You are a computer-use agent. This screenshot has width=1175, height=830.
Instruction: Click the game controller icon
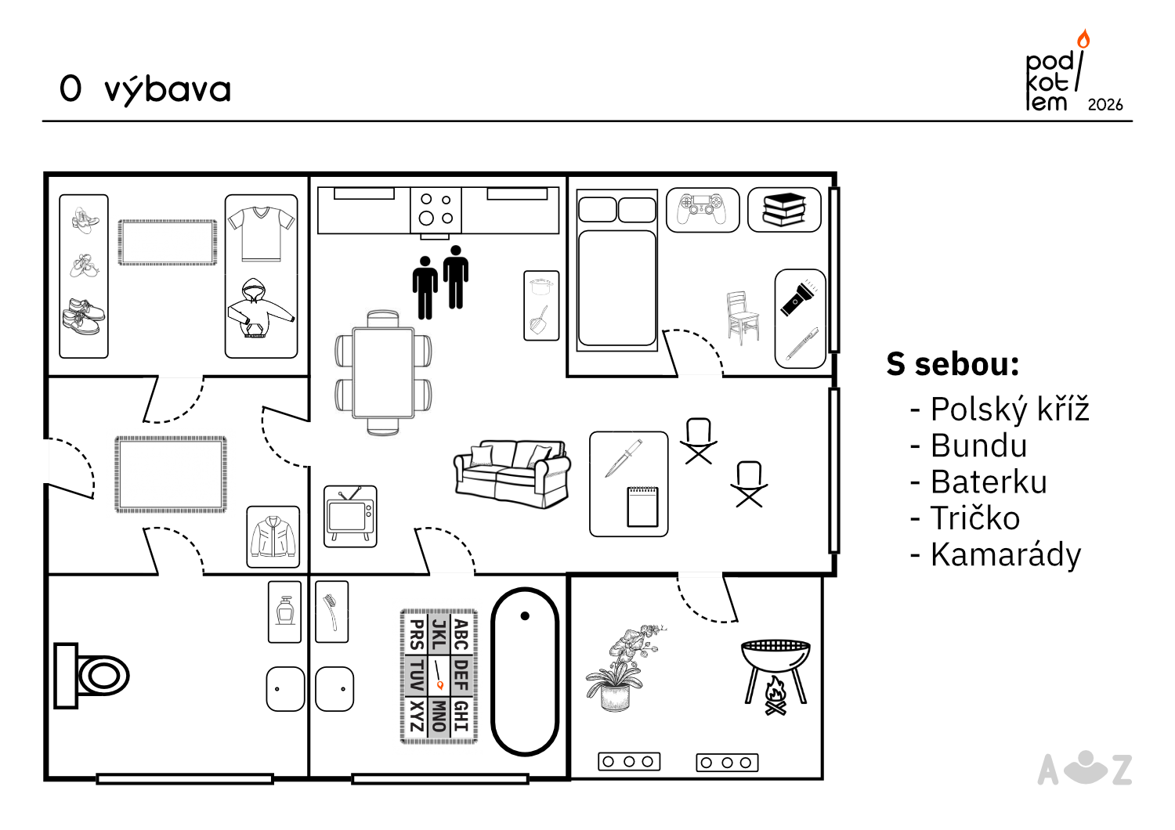click(703, 209)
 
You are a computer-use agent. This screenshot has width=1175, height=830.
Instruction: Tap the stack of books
click(783, 210)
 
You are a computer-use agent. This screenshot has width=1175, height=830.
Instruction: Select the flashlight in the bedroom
click(798, 298)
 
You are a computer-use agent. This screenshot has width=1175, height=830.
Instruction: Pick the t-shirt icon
click(261, 234)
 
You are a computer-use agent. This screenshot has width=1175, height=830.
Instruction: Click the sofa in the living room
click(512, 474)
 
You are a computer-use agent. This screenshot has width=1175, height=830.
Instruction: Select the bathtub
click(525, 672)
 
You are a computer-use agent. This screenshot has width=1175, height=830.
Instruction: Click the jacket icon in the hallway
click(273, 536)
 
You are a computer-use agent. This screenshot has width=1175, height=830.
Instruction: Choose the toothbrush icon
click(331, 612)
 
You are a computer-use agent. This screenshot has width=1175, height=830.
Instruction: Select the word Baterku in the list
click(989, 482)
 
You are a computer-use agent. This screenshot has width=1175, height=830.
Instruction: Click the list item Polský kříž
click(1010, 409)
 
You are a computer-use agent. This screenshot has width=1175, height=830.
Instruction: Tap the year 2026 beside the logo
click(1105, 105)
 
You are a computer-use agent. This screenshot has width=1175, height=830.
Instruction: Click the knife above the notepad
click(624, 458)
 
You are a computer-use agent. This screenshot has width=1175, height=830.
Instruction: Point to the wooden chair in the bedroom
click(743, 317)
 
